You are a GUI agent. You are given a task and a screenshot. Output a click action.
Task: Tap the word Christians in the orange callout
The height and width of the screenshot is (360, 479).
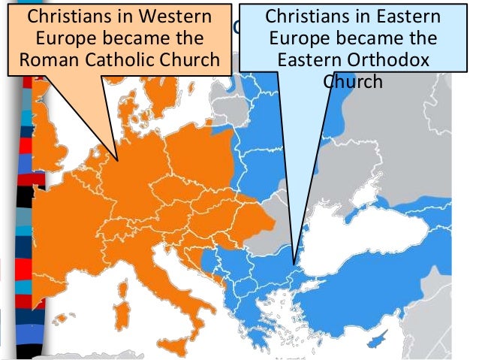(68, 17)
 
